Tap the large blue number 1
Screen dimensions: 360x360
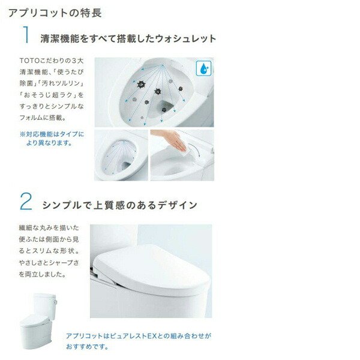coord(25,35)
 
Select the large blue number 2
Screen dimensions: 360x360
coord(25,202)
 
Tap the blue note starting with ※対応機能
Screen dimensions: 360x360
coord(52,139)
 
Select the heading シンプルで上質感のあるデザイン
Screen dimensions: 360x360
coord(119,205)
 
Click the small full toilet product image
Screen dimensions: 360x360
coord(40,317)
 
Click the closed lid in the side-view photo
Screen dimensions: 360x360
coord(150,264)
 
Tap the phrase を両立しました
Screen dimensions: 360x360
coord(43,274)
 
